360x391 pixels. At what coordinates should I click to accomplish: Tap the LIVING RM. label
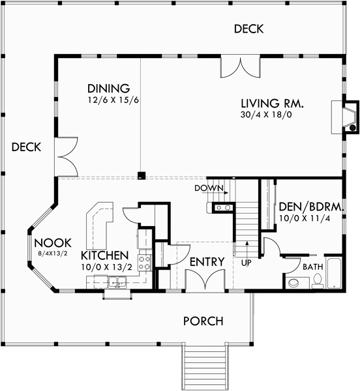click(x=273, y=104)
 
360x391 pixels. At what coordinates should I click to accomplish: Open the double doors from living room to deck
click(x=241, y=67)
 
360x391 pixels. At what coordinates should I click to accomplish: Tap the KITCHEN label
click(x=104, y=255)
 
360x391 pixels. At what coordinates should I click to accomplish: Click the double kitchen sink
click(x=118, y=282)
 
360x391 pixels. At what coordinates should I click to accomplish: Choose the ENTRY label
click(x=207, y=262)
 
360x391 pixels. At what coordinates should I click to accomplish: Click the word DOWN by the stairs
click(x=209, y=188)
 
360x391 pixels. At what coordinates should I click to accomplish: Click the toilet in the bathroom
click(x=318, y=282)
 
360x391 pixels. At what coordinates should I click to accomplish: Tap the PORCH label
click(x=203, y=321)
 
